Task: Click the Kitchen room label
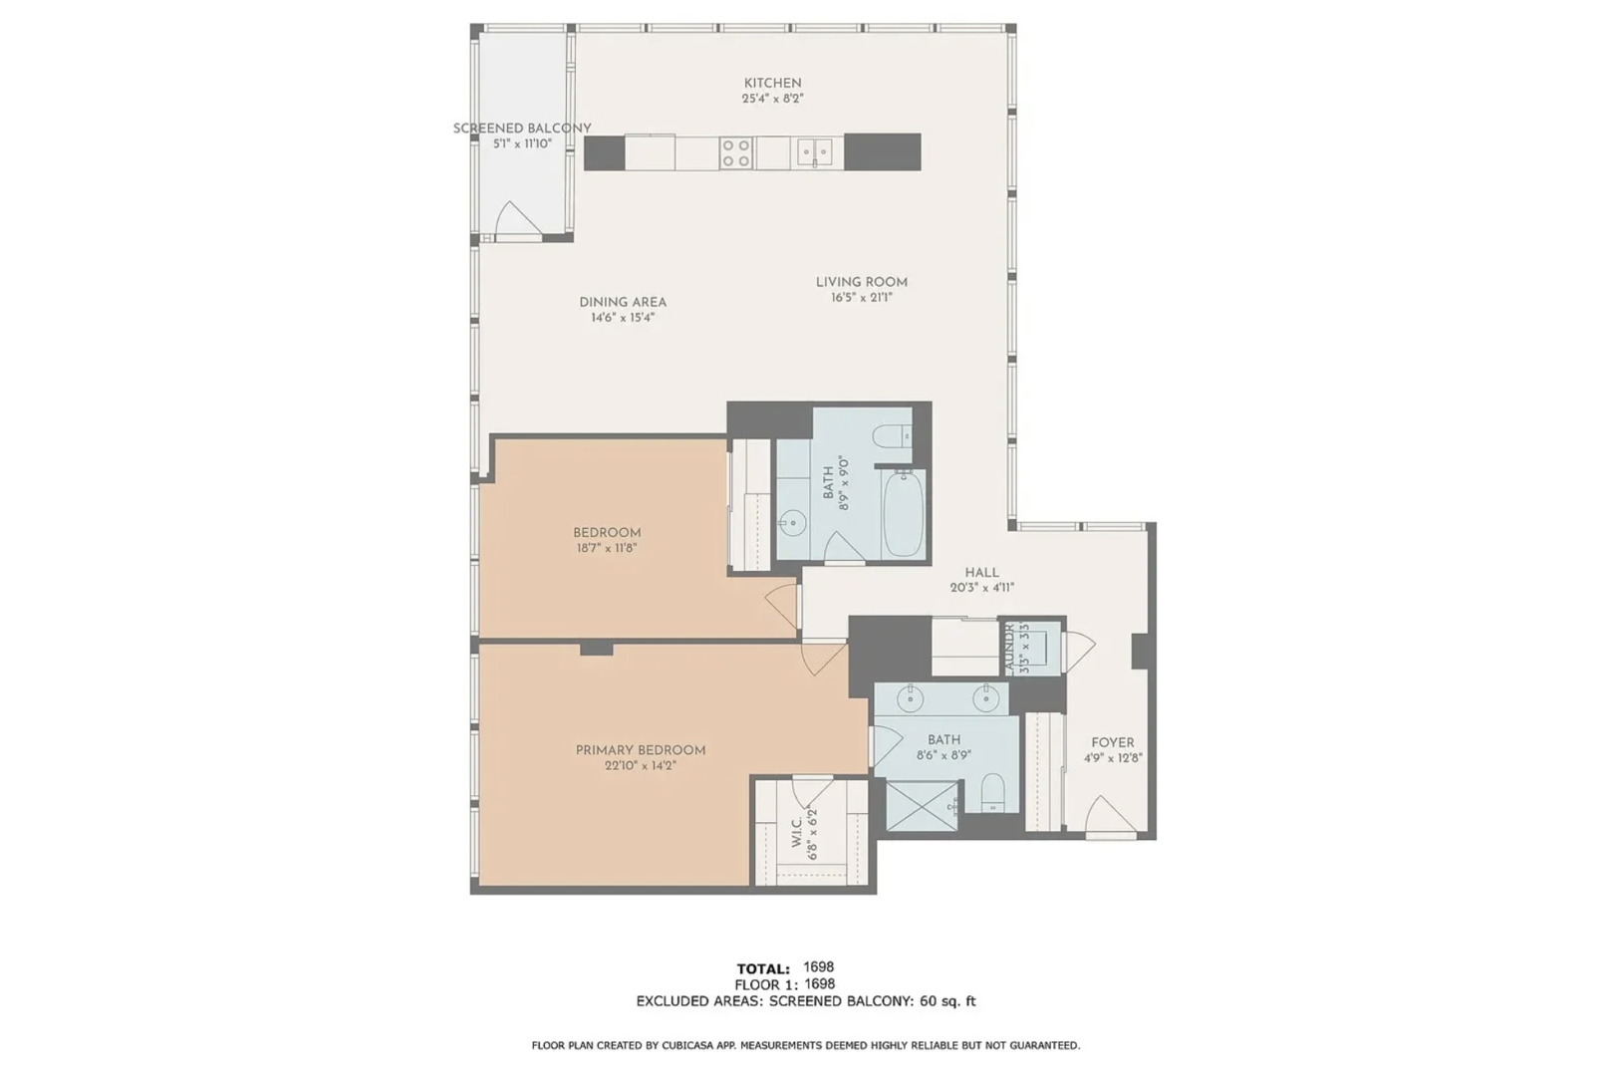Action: [x=772, y=83]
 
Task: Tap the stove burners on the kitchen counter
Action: [x=736, y=153]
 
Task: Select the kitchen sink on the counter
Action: [x=815, y=153]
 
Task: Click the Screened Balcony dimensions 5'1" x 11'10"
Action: [x=522, y=143]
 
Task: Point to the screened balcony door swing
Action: [x=516, y=221]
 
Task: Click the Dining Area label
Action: [x=623, y=302]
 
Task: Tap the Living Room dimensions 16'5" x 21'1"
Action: [x=861, y=298]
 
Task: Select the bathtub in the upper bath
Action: [x=904, y=515]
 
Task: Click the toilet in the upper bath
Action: [x=889, y=436]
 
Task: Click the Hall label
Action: [x=981, y=573]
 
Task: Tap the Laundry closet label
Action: [x=1009, y=649]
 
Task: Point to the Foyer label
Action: [x=1112, y=742]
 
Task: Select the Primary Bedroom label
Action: [x=641, y=750]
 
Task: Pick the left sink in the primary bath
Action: [x=911, y=699]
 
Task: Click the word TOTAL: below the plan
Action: [x=763, y=968]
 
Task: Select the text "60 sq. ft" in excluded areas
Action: [x=945, y=1001]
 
